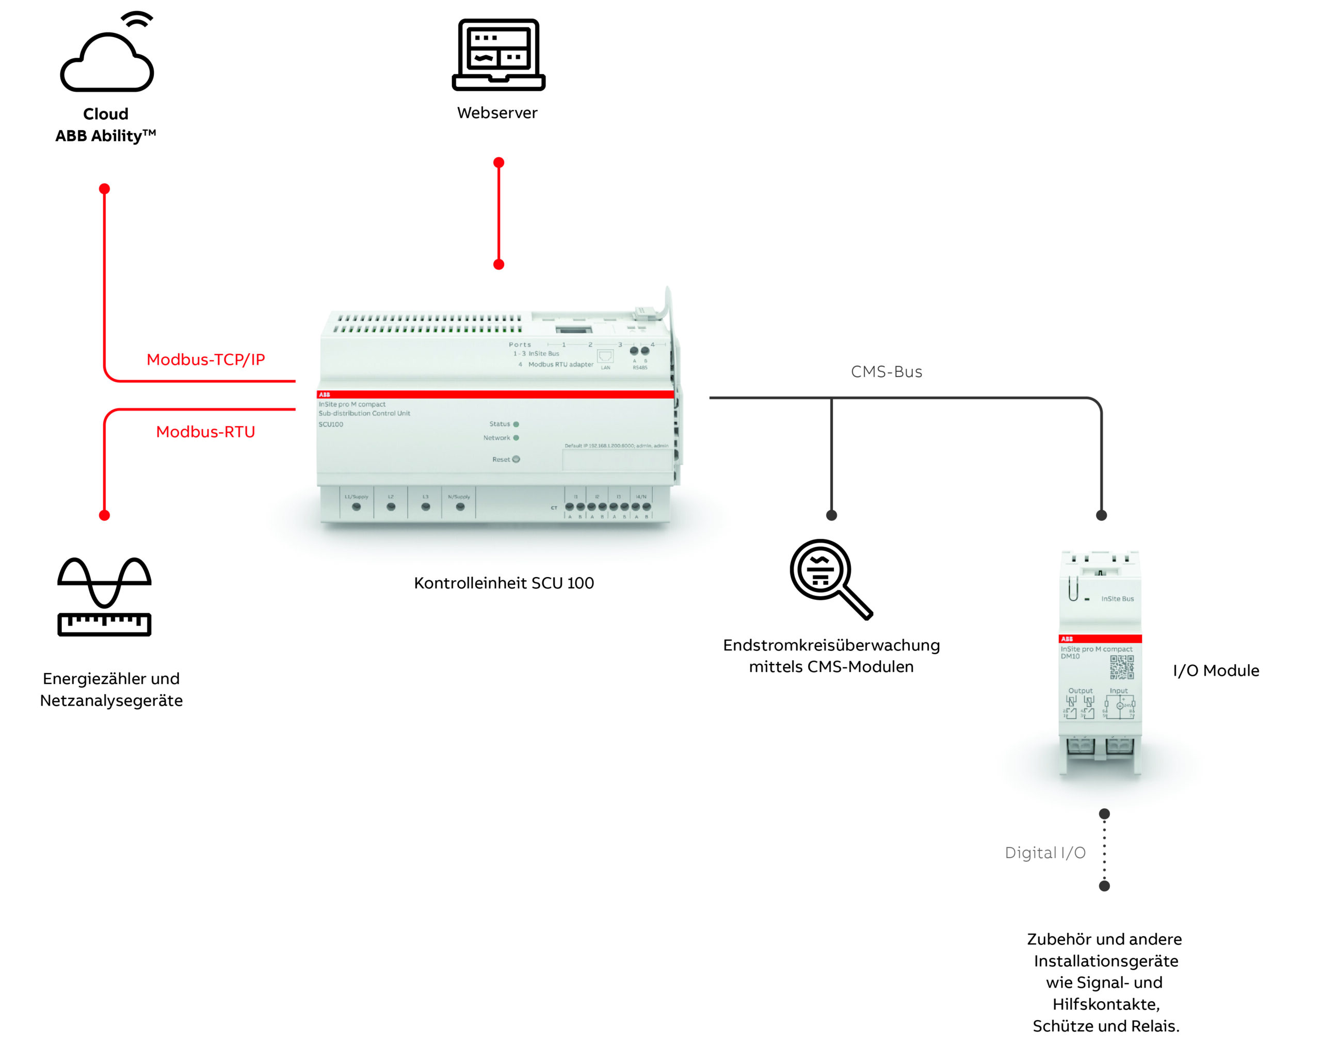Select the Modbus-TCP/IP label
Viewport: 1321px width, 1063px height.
click(x=205, y=359)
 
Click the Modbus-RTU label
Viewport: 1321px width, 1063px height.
click(x=205, y=432)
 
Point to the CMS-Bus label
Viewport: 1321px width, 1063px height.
click(x=886, y=372)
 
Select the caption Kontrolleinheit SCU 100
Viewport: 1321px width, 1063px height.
click(x=504, y=583)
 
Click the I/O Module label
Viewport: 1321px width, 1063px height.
click(x=1216, y=670)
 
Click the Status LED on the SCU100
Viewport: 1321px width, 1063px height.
click(x=516, y=424)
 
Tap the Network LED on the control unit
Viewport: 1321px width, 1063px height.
click(x=516, y=438)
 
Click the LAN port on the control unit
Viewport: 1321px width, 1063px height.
click(x=605, y=356)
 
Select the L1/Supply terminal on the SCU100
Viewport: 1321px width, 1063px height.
click(x=356, y=506)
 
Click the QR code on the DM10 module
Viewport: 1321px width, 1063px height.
click(x=1122, y=667)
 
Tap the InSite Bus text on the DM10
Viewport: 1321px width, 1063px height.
click(x=1117, y=599)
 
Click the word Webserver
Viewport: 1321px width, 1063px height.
click(x=497, y=112)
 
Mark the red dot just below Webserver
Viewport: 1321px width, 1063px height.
click(x=499, y=163)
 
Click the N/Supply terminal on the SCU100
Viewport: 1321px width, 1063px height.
click(x=460, y=506)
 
